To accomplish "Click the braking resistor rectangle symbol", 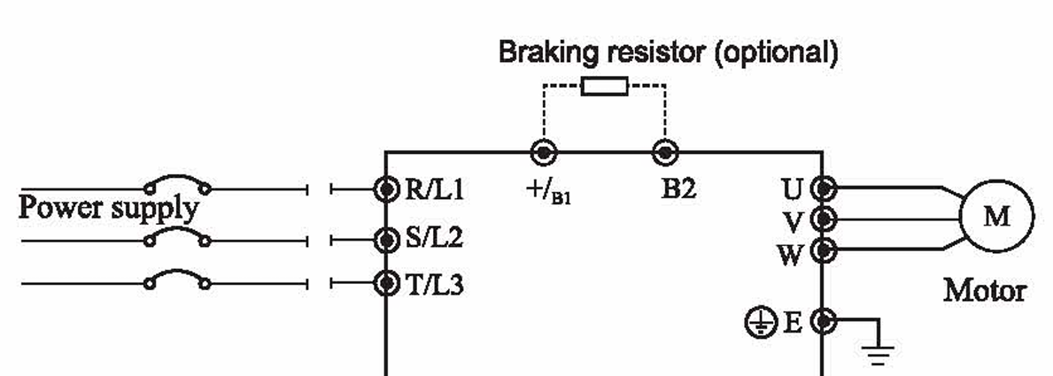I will click(x=605, y=86).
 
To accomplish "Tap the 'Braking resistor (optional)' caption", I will click(x=668, y=52).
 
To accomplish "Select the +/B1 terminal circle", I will click(x=543, y=152).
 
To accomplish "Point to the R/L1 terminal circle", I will click(x=386, y=188).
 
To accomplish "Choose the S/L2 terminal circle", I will click(x=386, y=238).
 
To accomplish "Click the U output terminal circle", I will click(x=824, y=188).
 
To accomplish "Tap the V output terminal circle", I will click(x=824, y=219).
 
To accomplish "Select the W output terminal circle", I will click(x=824, y=250).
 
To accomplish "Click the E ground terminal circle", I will click(x=824, y=321).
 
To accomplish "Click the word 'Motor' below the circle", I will click(x=985, y=289).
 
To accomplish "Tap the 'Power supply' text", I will click(x=108, y=209).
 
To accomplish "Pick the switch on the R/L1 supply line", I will click(x=178, y=185).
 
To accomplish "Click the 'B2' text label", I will click(x=678, y=188).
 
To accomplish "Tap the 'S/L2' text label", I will click(x=435, y=238).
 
